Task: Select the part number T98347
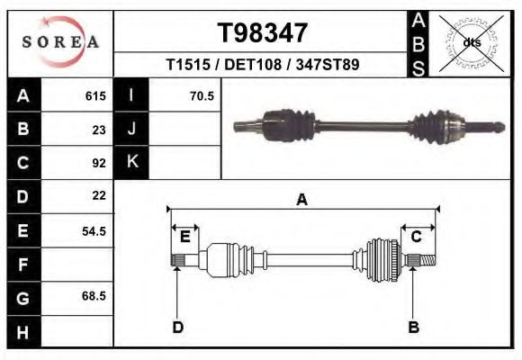click(263, 33)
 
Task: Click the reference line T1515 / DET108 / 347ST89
click(263, 65)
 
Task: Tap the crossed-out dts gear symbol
click(472, 42)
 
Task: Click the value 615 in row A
click(95, 95)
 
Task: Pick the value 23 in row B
click(99, 129)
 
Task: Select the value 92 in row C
click(99, 163)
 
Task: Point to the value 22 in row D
click(99, 195)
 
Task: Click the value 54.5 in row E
click(94, 230)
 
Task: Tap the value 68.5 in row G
click(94, 296)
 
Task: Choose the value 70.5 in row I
click(202, 95)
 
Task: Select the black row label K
click(131, 163)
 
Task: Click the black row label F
click(22, 265)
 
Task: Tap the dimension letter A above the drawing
click(301, 200)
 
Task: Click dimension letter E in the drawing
click(184, 237)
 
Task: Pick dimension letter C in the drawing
click(417, 237)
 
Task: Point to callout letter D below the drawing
click(177, 327)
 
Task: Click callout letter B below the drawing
click(414, 327)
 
